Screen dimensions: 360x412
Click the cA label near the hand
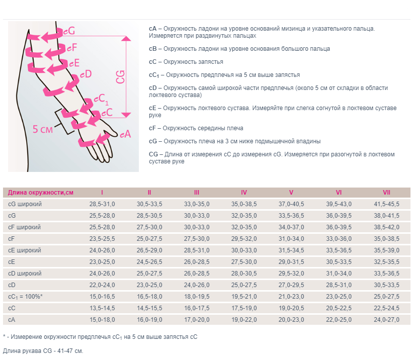coord(125,134)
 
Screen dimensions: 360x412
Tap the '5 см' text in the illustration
coord(43,129)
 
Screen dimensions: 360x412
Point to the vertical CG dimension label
coord(121,77)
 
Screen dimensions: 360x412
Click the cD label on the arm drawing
coord(86,74)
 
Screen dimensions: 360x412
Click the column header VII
coord(386,193)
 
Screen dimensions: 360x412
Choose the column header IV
coord(244,193)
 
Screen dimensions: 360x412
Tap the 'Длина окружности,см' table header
coord(41,193)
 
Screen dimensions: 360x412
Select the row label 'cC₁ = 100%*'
coord(26,297)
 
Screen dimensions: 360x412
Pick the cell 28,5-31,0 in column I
coord(102,204)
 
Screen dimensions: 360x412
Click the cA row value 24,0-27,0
coord(386,320)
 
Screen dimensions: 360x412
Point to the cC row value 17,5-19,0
coord(244,308)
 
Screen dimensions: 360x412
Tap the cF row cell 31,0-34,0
coord(291,239)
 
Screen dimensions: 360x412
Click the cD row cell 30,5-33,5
coord(386,285)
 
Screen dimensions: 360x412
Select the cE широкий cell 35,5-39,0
coord(386,250)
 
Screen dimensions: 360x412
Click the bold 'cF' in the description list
coord(152,128)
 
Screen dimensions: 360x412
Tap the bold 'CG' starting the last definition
coord(153,154)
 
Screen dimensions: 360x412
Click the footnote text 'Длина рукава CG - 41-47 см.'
coord(43,350)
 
